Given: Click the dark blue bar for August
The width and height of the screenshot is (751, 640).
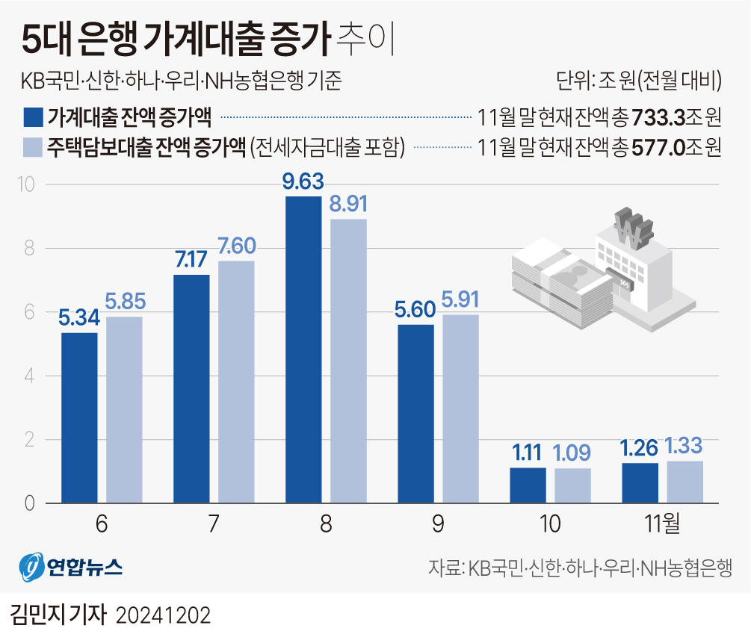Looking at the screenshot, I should (303, 349).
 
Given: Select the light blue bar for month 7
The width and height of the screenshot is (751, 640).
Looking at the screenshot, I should (236, 382).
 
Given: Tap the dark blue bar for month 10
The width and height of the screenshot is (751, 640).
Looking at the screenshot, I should (528, 485).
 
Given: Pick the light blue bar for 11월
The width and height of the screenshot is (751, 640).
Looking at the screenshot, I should (684, 482).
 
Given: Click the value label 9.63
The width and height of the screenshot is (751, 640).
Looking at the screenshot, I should (303, 183).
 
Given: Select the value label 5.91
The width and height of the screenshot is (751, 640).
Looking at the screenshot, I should (460, 301).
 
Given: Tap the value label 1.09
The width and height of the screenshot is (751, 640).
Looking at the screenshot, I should (572, 453).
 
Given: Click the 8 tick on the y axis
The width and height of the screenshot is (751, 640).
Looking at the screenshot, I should (30, 248).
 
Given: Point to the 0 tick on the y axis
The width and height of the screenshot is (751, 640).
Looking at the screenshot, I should (30, 504).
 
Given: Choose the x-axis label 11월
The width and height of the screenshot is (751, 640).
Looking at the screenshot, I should (662, 524).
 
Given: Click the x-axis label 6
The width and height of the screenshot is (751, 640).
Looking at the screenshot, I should (102, 524).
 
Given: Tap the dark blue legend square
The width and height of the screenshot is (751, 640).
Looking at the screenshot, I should (32, 117).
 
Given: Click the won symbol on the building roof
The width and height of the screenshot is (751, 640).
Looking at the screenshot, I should (632, 229).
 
